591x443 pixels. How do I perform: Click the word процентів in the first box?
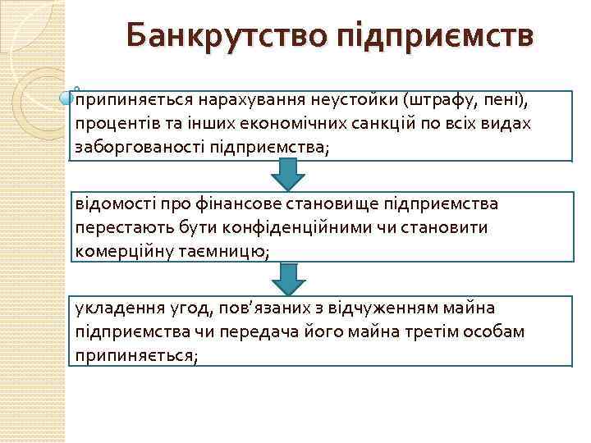click(x=109, y=123)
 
